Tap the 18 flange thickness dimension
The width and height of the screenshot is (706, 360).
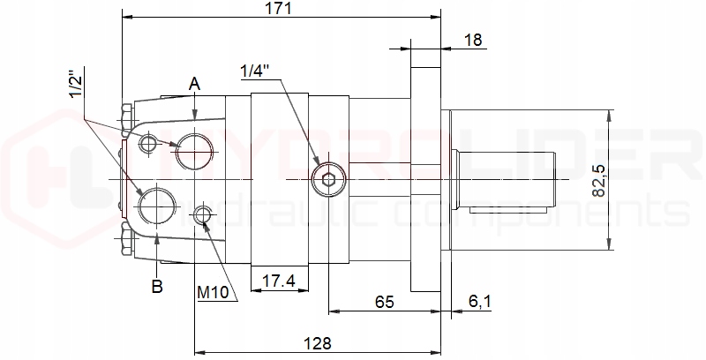[x=473, y=39]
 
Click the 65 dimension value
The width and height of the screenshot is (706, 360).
[x=384, y=302]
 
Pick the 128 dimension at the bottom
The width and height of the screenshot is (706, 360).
[x=319, y=342]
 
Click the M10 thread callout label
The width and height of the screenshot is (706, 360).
[x=214, y=291]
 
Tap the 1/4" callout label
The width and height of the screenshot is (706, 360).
[x=256, y=70]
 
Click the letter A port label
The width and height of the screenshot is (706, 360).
[x=195, y=85]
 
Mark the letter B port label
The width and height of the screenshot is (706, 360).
[x=156, y=286]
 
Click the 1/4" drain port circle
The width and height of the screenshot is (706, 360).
[x=328, y=179]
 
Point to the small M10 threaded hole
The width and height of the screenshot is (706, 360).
[x=203, y=214]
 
